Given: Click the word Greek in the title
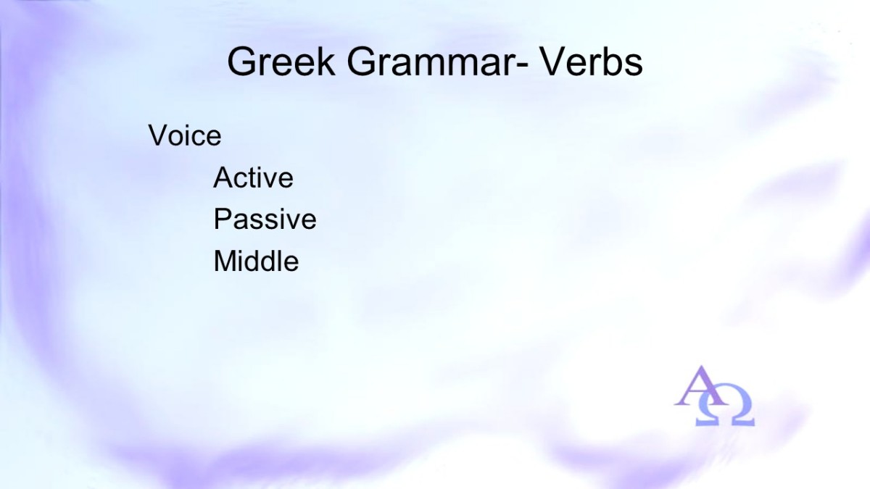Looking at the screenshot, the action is click(281, 62).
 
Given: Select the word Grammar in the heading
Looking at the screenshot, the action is click(432, 62).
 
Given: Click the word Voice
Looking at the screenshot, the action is click(185, 135).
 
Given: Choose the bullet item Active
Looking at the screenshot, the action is click(253, 177).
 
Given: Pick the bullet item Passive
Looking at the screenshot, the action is click(265, 219).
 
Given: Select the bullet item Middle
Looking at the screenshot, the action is click(257, 261).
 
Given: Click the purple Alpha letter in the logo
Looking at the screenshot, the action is click(700, 386).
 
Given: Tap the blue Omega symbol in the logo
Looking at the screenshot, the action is click(725, 405).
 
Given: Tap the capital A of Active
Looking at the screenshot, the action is click(225, 177).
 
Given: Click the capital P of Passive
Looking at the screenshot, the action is click(223, 219).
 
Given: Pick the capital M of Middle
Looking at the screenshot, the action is click(225, 261).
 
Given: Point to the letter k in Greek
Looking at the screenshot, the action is click(326, 61).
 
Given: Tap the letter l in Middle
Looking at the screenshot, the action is click(284, 260).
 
